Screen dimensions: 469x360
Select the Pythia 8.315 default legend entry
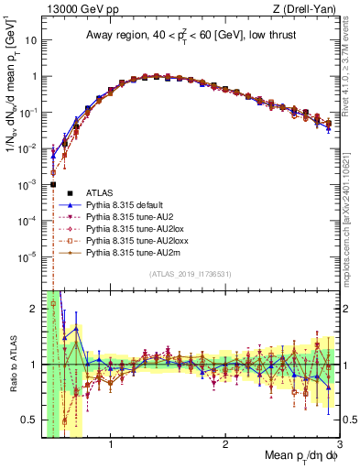[x=124, y=204]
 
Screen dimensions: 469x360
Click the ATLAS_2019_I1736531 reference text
[x=191, y=274]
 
